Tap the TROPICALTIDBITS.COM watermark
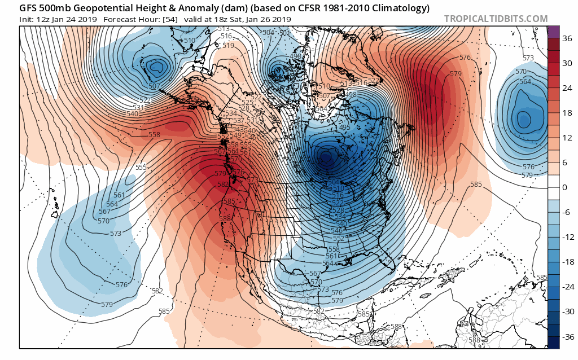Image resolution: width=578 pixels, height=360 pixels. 496,19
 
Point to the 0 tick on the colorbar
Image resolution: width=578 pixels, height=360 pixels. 565,187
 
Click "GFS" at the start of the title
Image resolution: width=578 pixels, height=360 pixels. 29,8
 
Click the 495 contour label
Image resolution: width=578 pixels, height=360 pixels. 345,128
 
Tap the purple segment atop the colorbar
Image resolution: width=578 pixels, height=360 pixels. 554,32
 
